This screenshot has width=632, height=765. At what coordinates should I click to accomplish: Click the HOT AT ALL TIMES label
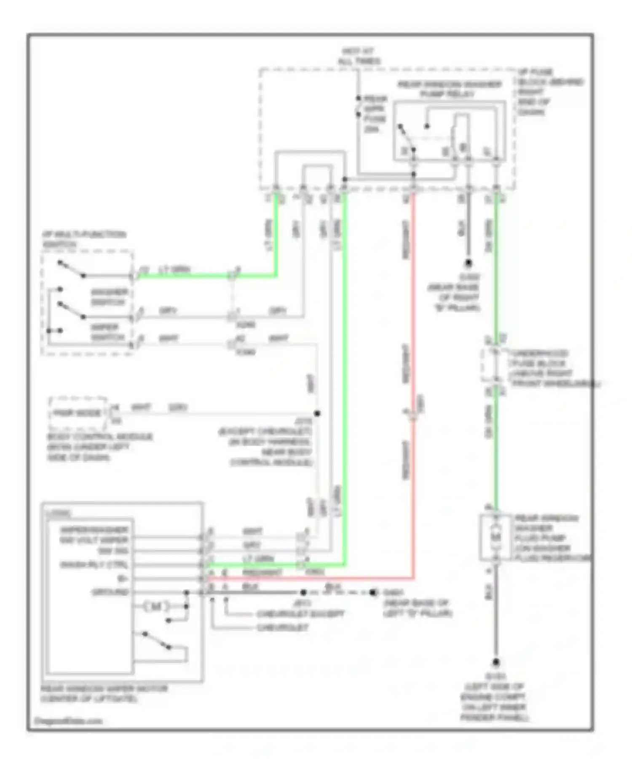coord(359,56)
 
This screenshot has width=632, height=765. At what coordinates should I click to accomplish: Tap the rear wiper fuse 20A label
coord(375,114)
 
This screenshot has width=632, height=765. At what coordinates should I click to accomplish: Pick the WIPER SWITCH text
coord(108,332)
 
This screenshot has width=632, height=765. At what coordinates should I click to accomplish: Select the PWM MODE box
coord(78,413)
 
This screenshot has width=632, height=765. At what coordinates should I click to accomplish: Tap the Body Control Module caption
coord(99,447)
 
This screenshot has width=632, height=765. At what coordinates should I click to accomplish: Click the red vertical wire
coord(413,380)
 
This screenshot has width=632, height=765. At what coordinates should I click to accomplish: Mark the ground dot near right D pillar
coord(468,263)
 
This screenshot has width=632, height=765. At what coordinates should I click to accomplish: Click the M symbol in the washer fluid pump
coord(496,536)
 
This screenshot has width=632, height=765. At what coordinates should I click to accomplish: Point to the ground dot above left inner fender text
coord(496,663)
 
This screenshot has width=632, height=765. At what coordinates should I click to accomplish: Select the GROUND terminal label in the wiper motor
coord(110,592)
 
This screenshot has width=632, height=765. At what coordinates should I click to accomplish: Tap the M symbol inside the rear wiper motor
coord(156,606)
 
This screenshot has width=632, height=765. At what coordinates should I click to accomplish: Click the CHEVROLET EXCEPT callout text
coord(300,614)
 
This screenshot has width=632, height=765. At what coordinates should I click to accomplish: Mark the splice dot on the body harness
coord(317,413)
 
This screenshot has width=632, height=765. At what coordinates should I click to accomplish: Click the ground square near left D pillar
coord(372,593)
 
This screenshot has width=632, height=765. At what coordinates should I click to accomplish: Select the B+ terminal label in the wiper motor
coord(123,578)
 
